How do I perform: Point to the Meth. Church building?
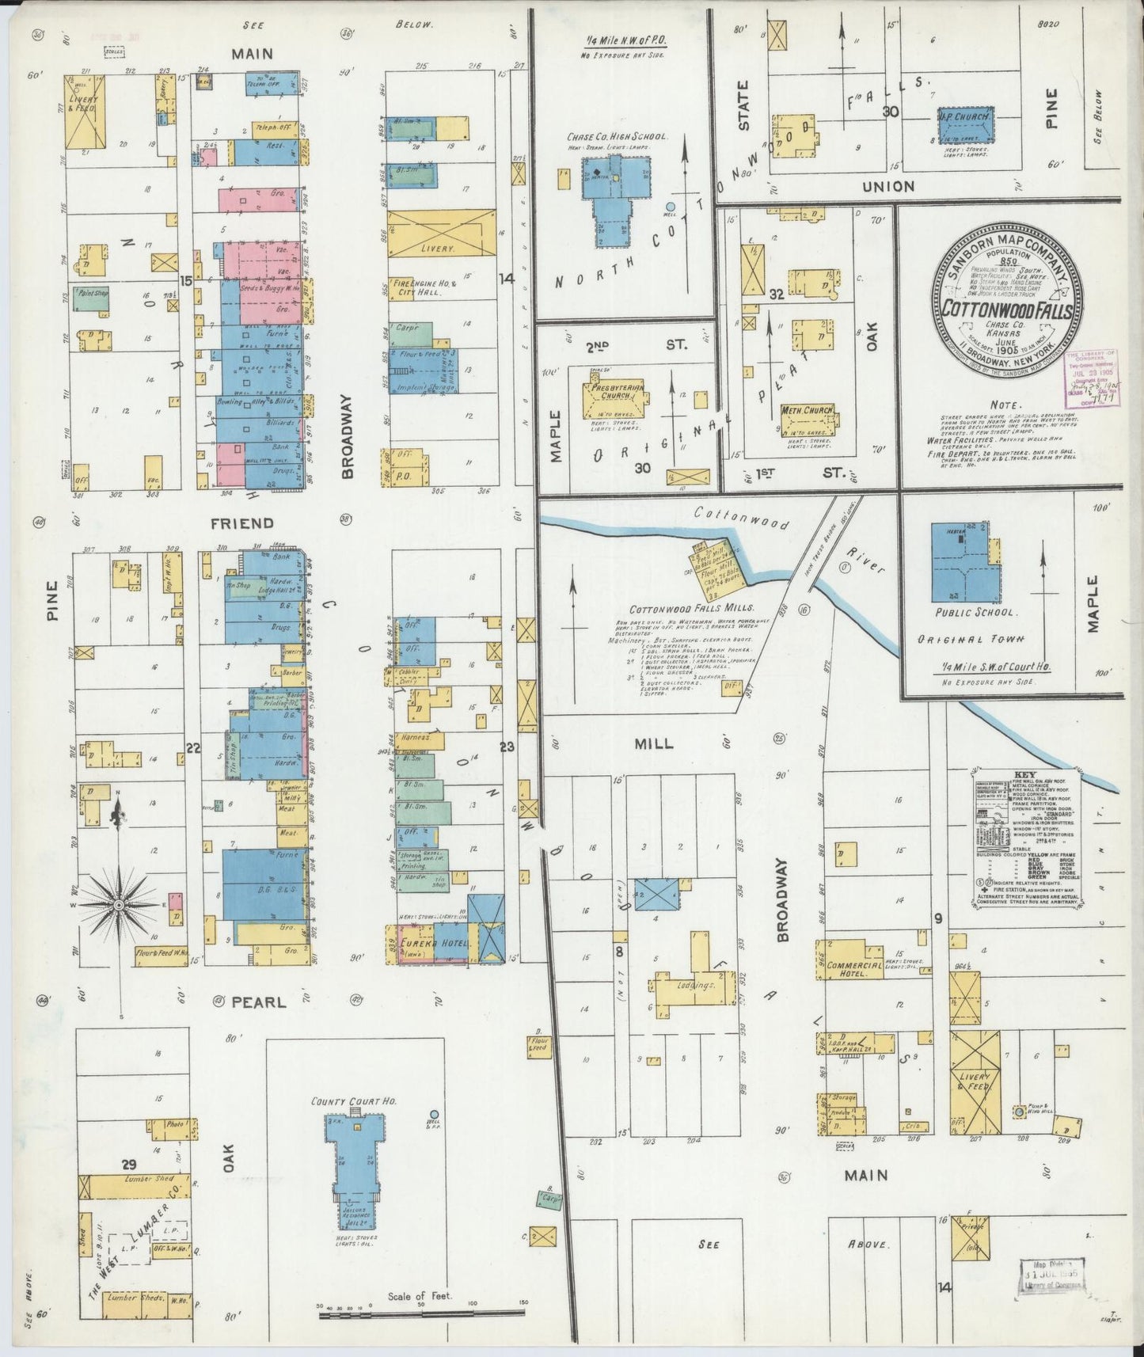click(808, 417)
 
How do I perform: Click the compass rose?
click(119, 903)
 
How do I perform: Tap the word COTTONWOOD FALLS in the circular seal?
click(1005, 308)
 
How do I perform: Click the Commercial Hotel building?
click(849, 960)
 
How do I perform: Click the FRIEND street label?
click(253, 523)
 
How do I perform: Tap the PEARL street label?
click(257, 1002)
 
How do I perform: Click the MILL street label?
click(654, 743)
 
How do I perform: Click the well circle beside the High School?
click(670, 206)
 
